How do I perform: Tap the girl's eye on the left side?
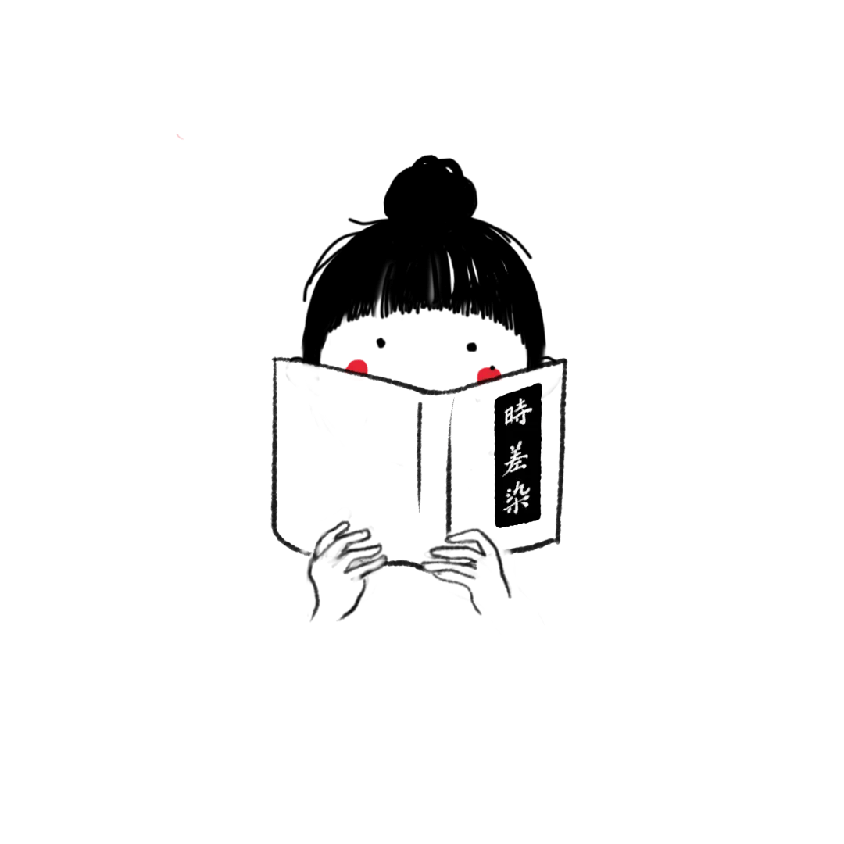[381, 343]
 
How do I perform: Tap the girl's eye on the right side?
[471, 347]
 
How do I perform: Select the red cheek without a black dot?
[357, 367]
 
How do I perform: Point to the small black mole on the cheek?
[492, 369]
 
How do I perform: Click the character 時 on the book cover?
[517, 413]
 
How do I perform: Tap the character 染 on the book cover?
[517, 497]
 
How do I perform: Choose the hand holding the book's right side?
[467, 568]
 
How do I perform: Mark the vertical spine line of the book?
[420, 457]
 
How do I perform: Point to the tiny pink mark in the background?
[180, 137]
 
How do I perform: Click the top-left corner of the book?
[275, 359]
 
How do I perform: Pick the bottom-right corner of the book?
[558, 540]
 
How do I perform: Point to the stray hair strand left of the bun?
[365, 222]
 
